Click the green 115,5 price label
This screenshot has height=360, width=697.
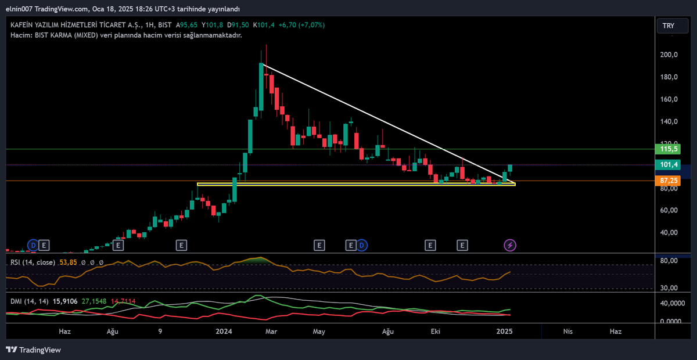click(668, 149)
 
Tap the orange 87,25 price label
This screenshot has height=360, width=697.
click(668, 181)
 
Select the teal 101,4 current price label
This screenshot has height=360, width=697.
click(668, 164)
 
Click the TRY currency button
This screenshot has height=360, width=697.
click(673, 26)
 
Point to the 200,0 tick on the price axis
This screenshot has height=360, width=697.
click(669, 55)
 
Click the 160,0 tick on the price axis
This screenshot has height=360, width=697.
click(669, 99)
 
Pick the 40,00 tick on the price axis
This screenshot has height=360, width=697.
click(669, 232)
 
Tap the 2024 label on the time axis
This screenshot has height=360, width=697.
click(224, 332)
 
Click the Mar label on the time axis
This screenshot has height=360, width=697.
click(271, 332)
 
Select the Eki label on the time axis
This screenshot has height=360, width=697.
click(435, 332)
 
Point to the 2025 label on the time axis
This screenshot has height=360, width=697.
click(504, 332)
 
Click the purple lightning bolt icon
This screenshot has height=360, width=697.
click(510, 246)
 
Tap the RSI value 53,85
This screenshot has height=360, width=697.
click(68, 262)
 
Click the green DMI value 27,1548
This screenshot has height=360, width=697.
click(94, 301)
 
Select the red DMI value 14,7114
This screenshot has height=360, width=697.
click(123, 301)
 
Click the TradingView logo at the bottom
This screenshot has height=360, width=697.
click(33, 350)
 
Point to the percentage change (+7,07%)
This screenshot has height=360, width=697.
click(311, 25)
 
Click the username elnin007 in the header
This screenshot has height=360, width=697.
click(19, 9)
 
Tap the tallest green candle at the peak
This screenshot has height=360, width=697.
click(261, 87)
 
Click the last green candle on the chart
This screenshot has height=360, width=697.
click(510, 168)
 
